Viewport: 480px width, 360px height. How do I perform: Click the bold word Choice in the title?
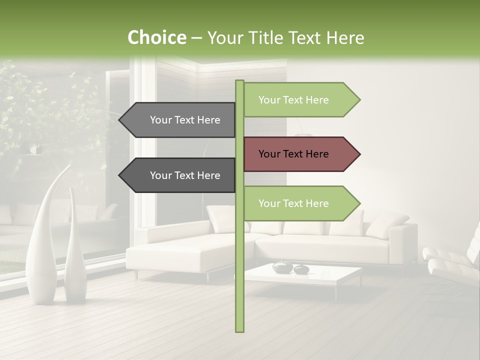click(x=156, y=37)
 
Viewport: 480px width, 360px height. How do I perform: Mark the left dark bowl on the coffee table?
click(x=281, y=267)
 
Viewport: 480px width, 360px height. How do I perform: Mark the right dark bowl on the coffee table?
click(x=301, y=269)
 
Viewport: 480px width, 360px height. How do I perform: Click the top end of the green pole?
click(x=239, y=82)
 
